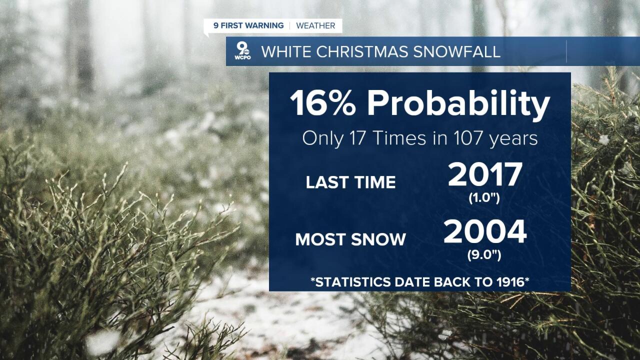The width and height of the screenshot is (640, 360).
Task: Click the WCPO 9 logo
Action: pos(243,51)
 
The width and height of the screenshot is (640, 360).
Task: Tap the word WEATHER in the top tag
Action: pos(315,25)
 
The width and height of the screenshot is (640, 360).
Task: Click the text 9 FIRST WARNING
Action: pos(248,25)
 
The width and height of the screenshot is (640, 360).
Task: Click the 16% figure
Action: pos(324,104)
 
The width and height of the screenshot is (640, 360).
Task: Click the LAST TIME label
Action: pos(350,182)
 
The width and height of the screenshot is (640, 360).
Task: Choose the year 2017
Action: pos(485,175)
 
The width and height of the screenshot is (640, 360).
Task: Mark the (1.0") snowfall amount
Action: pos(484,198)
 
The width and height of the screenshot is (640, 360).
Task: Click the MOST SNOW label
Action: pos(350,239)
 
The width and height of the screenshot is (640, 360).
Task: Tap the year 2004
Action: pos(485,232)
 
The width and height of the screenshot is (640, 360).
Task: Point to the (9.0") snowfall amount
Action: pos(484,255)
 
